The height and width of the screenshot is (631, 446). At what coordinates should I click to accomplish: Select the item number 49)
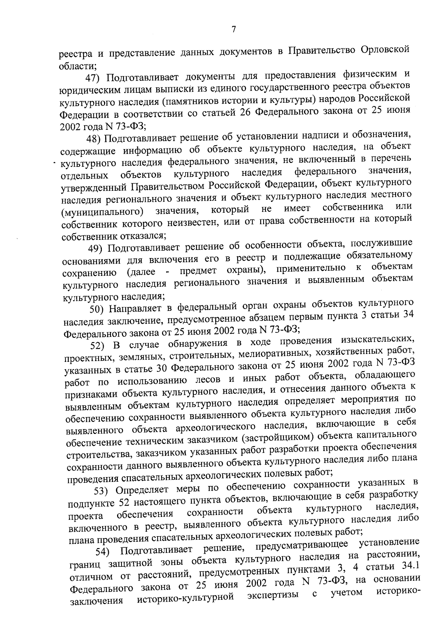point(96,248)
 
